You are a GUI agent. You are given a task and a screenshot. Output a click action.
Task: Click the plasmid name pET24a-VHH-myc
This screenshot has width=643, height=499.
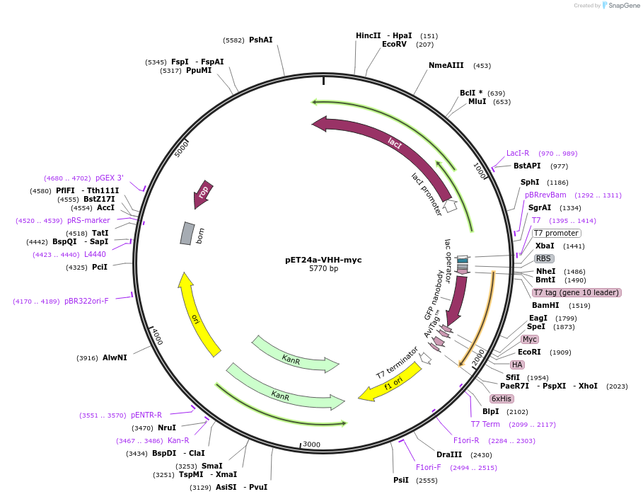pyautogui.click(x=323, y=260)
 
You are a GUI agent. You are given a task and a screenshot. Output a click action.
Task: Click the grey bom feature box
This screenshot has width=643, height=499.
pyautogui.click(x=187, y=234)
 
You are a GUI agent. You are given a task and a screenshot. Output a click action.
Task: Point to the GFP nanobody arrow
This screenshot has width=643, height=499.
pyautogui.click(x=457, y=297)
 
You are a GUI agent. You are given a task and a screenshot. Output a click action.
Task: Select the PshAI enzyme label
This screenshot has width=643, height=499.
pyautogui.click(x=260, y=40)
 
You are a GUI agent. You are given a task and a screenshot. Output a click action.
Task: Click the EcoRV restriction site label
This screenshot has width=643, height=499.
pyautogui.click(x=394, y=45)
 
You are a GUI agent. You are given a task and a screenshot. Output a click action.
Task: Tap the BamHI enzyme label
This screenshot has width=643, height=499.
pyautogui.click(x=545, y=306)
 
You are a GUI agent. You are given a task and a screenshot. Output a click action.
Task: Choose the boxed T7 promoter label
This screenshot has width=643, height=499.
pyautogui.click(x=556, y=234)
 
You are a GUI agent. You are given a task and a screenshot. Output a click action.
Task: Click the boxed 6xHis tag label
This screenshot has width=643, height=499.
pyautogui.click(x=501, y=398)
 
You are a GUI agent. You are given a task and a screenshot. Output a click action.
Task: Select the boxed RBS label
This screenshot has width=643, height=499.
pyautogui.click(x=543, y=258)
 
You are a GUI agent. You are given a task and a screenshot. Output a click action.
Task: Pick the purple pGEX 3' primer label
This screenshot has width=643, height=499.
pyautogui.click(x=109, y=178)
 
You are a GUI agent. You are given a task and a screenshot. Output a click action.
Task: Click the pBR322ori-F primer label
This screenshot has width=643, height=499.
pyautogui.click(x=86, y=302)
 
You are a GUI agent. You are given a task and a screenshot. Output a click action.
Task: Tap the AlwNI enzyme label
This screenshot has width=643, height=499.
pyautogui.click(x=115, y=358)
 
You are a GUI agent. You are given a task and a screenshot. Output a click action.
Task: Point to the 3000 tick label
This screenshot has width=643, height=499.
pyautogui.click(x=311, y=444)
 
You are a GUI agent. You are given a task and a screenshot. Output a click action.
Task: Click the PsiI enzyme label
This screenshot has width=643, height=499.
pyautogui.click(x=401, y=481)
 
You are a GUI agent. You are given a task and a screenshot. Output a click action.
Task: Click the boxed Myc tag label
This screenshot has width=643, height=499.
pyautogui.click(x=530, y=339)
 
